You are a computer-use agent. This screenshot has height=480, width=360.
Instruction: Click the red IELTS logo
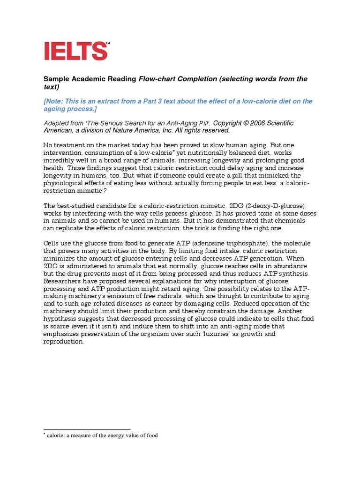(x=75, y=51)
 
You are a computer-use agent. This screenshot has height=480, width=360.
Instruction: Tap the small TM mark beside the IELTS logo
(x=108, y=44)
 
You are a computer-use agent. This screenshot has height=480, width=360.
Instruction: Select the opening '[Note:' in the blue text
(x=55, y=101)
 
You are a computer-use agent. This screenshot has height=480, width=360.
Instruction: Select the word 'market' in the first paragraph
(x=124, y=145)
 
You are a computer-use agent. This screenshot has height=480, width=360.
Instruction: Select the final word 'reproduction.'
(x=64, y=341)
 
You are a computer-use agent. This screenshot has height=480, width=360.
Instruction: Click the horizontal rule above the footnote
(x=87, y=429)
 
